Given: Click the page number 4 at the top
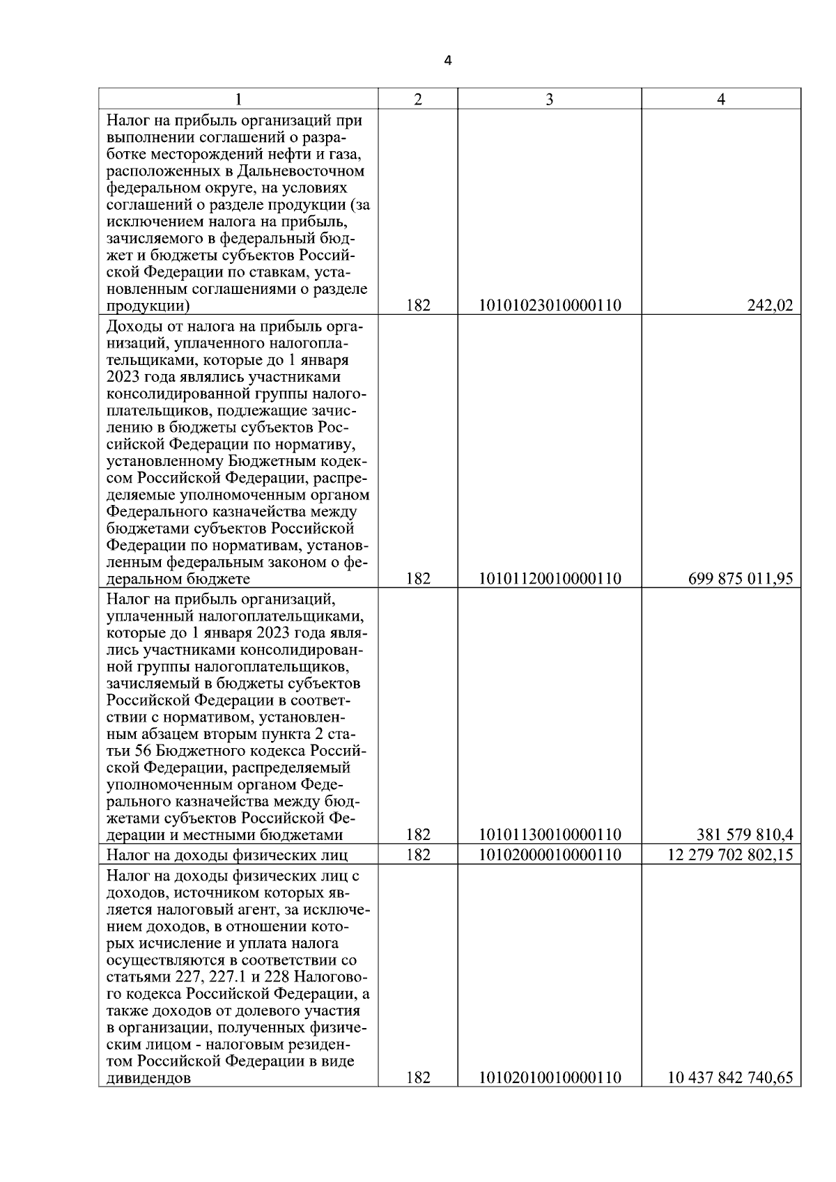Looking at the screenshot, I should pos(448,61).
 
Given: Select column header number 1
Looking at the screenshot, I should pos(238,100).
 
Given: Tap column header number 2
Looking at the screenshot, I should pos(417,100).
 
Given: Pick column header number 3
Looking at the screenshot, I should pos(550,100).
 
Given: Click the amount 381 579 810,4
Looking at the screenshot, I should pos(745,835).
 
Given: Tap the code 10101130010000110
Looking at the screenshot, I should pos(550,835).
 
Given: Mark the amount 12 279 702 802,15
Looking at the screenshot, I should pos(730,855).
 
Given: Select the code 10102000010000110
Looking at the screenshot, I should pos(550,855).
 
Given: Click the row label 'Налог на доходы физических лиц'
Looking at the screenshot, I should pos(227,855).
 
